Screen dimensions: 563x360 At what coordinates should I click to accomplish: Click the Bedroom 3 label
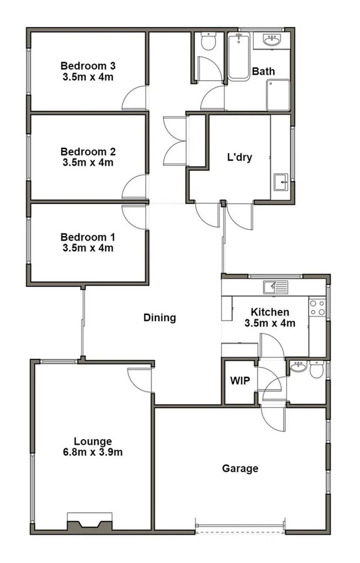(88, 66)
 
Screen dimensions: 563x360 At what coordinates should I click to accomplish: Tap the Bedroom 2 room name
(88, 152)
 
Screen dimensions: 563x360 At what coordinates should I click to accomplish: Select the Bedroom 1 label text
(88, 237)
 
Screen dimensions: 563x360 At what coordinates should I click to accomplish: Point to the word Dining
(160, 318)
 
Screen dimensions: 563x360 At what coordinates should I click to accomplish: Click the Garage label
(240, 468)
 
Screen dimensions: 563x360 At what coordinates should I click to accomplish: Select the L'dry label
(239, 157)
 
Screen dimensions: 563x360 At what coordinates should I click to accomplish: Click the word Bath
(263, 71)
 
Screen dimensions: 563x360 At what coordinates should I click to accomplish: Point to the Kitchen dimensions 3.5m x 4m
(269, 323)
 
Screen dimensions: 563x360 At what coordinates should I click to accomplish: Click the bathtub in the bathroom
(239, 56)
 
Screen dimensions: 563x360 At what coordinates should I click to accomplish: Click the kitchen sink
(275, 287)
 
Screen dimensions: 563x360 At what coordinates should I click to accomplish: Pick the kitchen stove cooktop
(317, 307)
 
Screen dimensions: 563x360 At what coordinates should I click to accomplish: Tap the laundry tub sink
(280, 184)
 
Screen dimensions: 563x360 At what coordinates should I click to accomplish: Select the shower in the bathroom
(278, 95)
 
